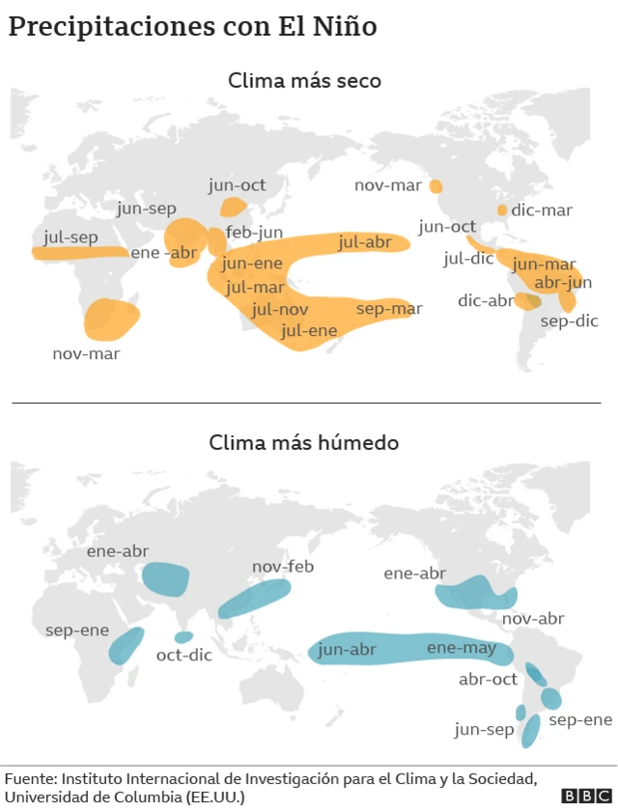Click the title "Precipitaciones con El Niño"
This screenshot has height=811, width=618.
pyautogui.click(x=192, y=26)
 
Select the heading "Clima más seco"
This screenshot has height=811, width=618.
pyautogui.click(x=304, y=81)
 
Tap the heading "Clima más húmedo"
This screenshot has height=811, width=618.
pyautogui.click(x=304, y=443)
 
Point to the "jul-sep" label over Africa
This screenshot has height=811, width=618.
pyautogui.click(x=70, y=237)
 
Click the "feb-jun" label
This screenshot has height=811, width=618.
pyautogui.click(x=254, y=232)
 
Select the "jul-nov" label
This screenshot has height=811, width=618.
pyautogui.click(x=280, y=310)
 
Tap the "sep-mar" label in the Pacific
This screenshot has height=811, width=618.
pyautogui.click(x=389, y=309)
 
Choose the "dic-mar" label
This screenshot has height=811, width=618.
pyautogui.click(x=542, y=210)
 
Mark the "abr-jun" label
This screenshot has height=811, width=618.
pyautogui.click(x=562, y=282)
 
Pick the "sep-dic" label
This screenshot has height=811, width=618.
pyautogui.click(x=569, y=321)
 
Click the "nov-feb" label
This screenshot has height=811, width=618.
pyautogui.click(x=284, y=566)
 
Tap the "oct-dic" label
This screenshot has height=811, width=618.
pyautogui.click(x=183, y=655)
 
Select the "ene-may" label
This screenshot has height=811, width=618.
pyautogui.click(x=461, y=648)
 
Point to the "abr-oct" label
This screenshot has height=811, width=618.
pyautogui.click(x=488, y=679)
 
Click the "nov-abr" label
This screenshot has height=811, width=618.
pyautogui.click(x=533, y=618)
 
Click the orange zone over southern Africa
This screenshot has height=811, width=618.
pyautogui.click(x=110, y=319)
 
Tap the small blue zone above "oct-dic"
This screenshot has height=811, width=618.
pyautogui.click(x=183, y=637)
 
